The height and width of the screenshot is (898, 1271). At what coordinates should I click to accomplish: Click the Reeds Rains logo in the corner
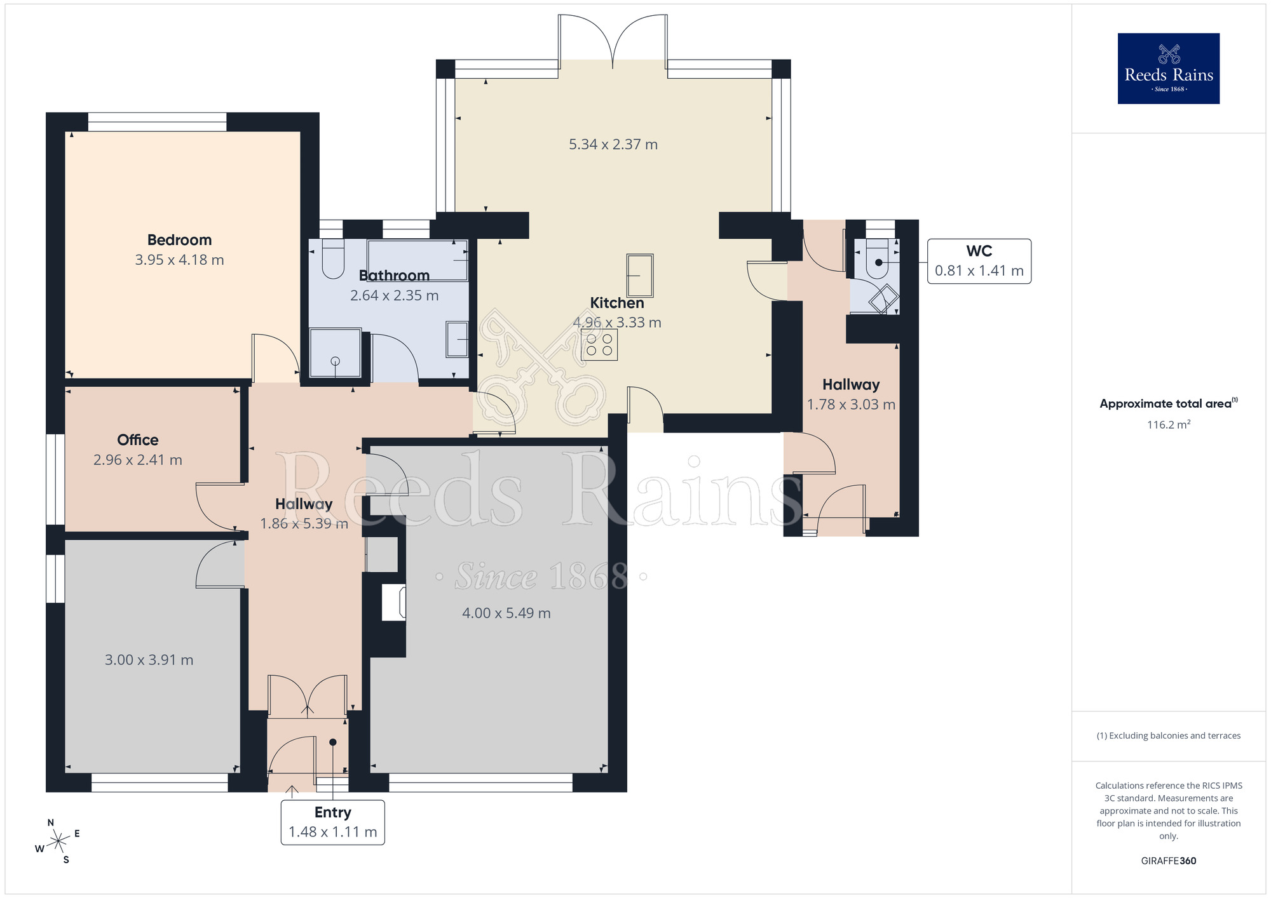(x=1168, y=69)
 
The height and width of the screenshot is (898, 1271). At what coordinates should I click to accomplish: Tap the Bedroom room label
(x=179, y=240)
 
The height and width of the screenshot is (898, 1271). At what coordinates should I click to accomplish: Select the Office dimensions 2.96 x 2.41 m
(x=138, y=460)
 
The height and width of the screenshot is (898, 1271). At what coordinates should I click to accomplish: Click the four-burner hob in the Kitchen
(x=599, y=345)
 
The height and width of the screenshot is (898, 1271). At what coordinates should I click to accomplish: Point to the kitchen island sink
(x=640, y=275)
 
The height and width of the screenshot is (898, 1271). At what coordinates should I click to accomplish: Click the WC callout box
(x=979, y=261)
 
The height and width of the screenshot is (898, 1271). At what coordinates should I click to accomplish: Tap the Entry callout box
(x=332, y=822)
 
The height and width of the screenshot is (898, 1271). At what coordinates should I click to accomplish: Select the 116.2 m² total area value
(x=1168, y=425)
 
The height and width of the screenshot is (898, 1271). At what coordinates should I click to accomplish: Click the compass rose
(x=58, y=841)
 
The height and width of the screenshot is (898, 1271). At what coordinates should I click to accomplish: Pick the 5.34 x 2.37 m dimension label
(x=613, y=145)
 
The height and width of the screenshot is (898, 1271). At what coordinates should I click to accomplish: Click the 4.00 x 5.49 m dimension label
(x=506, y=613)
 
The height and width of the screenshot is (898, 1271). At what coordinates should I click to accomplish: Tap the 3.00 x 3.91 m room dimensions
(x=149, y=660)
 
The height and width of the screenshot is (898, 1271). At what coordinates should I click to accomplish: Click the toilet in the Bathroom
(x=332, y=259)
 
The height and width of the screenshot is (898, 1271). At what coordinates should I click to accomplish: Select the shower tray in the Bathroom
(x=335, y=353)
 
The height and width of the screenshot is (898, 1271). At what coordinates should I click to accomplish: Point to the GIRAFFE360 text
(x=1168, y=861)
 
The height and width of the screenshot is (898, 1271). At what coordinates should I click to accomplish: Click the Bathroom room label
(x=394, y=276)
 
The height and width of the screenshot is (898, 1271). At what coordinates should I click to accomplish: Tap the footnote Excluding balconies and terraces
(x=1168, y=735)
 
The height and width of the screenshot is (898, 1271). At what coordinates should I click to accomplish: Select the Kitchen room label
(x=616, y=303)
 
